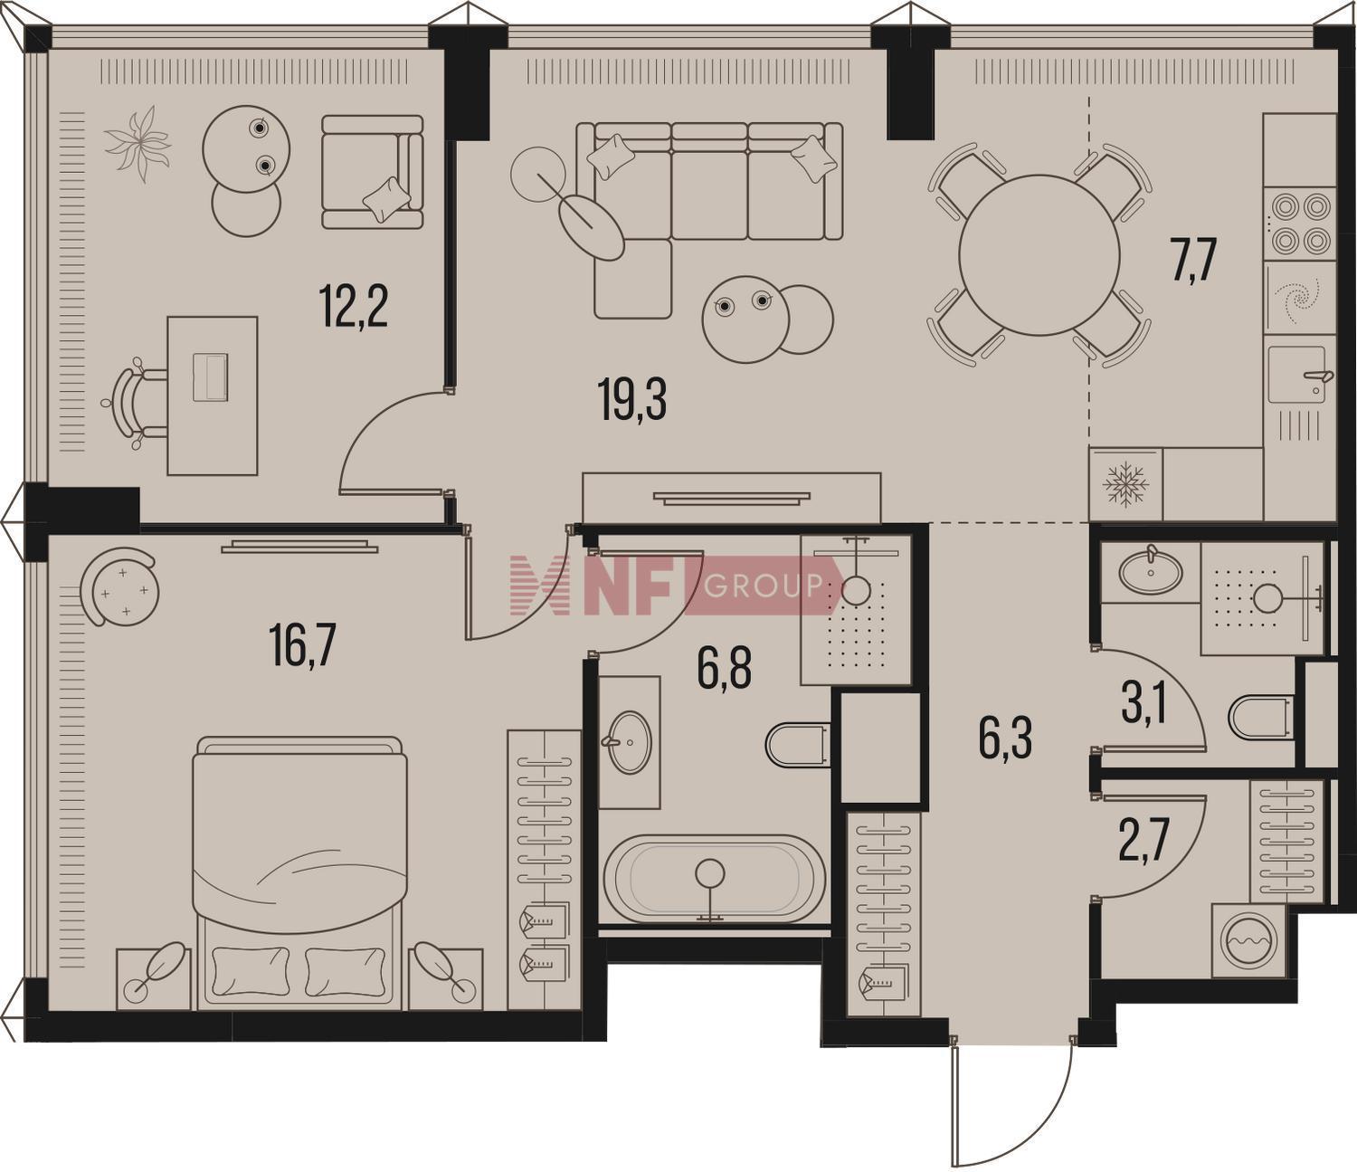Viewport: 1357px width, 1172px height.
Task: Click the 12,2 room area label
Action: click(x=354, y=307)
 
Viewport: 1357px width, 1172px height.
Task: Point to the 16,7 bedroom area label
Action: click(x=302, y=646)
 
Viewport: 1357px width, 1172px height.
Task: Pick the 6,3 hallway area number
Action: click(x=1005, y=738)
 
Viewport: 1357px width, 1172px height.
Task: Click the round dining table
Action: click(x=1039, y=255)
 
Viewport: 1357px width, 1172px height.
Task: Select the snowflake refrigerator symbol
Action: click(x=1125, y=485)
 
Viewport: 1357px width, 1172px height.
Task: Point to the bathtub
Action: click(x=715, y=880)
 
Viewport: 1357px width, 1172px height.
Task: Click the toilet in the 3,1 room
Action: click(x=1262, y=717)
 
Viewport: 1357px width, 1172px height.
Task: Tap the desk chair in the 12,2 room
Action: click(x=135, y=404)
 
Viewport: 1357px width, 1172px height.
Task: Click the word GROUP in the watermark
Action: click(x=763, y=584)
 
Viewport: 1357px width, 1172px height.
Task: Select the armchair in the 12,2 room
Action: click(x=372, y=172)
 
